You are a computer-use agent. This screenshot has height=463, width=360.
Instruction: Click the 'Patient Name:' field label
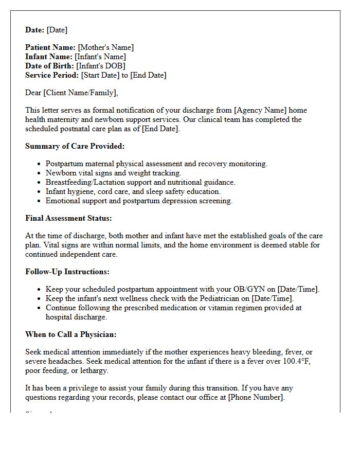pyautogui.click(x=50, y=47)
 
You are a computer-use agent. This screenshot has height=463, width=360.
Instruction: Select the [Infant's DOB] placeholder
pyautogui.click(x=101, y=66)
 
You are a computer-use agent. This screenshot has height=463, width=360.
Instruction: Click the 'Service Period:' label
pyautogui.click(x=52, y=75)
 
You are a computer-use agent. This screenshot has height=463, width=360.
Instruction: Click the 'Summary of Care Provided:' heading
pyautogui.click(x=75, y=146)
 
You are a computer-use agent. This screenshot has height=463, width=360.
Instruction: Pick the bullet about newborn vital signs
pyautogui.click(x=113, y=173)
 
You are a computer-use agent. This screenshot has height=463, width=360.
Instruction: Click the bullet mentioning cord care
pyautogui.click(x=133, y=191)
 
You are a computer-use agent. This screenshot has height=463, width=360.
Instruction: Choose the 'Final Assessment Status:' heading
pyautogui.click(x=68, y=218)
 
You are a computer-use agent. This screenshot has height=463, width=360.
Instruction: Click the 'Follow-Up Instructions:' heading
pyautogui.click(x=67, y=272)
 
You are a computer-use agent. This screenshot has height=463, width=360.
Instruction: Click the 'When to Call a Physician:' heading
pyautogui.click(x=71, y=334)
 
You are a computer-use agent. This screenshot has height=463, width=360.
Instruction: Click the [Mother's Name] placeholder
pyautogui.click(x=105, y=47)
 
